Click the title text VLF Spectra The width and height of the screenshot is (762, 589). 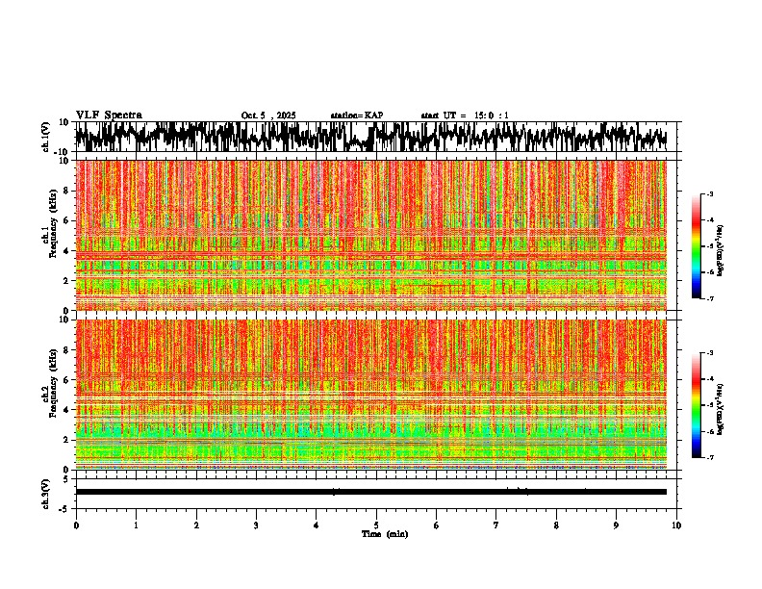109,115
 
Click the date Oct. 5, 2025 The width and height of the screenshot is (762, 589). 268,115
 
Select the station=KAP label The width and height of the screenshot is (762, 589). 356,115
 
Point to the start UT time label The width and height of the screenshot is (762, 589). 465,115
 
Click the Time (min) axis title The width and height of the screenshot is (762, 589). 384,533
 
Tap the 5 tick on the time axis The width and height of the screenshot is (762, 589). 376,525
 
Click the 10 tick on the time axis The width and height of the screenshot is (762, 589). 676,525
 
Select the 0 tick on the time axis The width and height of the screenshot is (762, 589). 76,525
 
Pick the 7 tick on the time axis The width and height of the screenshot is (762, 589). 496,525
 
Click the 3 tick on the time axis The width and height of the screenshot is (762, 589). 256,525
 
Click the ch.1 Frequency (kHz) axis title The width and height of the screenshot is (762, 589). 50,236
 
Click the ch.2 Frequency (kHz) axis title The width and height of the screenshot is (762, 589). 50,395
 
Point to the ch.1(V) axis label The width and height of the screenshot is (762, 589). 46,137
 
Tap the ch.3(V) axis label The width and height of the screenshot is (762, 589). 46,492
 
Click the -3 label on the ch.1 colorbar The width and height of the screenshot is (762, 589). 711,194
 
